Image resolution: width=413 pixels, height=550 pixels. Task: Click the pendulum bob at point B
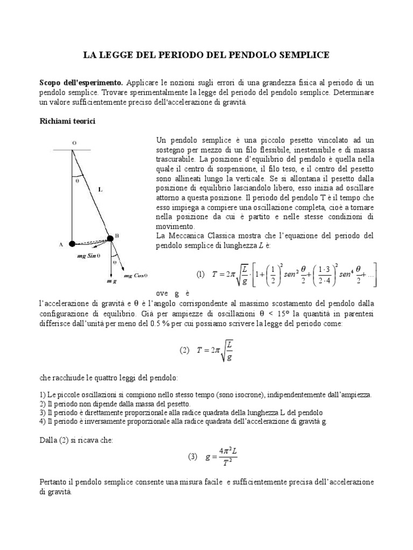point(111,238)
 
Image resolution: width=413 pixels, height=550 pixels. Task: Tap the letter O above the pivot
point(74,142)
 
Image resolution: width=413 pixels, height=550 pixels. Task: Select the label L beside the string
point(101,189)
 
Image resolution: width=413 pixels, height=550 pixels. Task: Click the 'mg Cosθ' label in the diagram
point(135,276)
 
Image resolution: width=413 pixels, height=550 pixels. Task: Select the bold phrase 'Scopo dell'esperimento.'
point(81,83)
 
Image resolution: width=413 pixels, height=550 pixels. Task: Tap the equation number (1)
point(201,274)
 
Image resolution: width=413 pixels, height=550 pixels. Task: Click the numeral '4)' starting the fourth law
point(43,422)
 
